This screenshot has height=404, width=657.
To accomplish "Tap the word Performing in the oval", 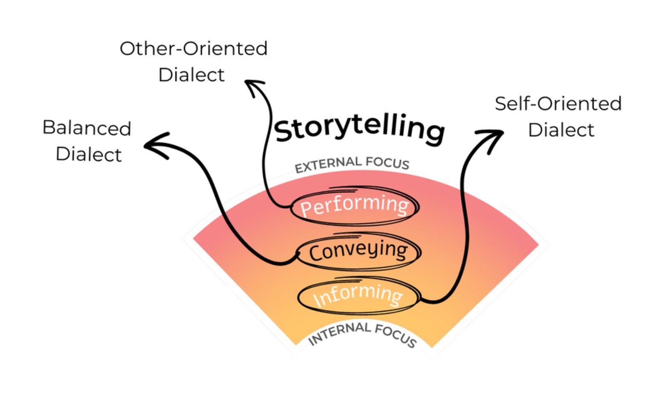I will pyautogui.click(x=355, y=205).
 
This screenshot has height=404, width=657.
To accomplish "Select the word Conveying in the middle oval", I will pyautogui.click(x=358, y=251).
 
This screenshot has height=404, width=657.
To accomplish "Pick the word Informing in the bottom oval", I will pyautogui.click(x=358, y=295).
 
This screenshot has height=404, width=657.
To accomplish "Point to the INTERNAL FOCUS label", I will pyautogui.click(x=362, y=334).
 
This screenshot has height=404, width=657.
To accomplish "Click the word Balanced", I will pyautogui.click(x=87, y=128).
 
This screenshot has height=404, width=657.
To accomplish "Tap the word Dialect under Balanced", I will pyautogui.click(x=89, y=154).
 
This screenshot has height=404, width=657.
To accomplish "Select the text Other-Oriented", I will pyautogui.click(x=193, y=48).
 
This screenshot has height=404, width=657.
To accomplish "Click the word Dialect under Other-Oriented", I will pyautogui.click(x=191, y=75).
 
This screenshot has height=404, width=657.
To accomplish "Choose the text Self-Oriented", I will pyautogui.click(x=558, y=104).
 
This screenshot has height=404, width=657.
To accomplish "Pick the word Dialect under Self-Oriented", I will pyautogui.click(x=561, y=130).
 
